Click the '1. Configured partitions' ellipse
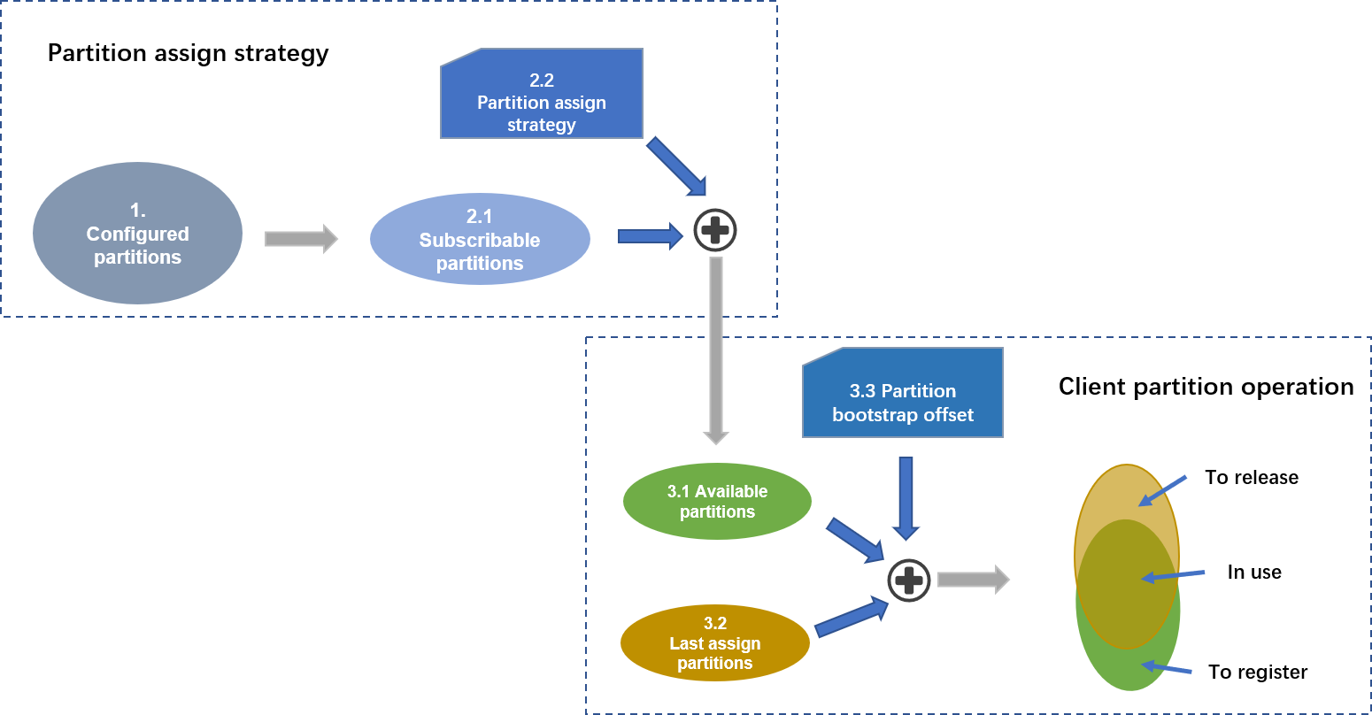pyautogui.click(x=137, y=234)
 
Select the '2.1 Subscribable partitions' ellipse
pyautogui.click(x=480, y=239)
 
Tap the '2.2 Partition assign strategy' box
pyautogui.click(x=542, y=96)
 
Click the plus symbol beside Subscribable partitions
pyautogui.click(x=714, y=232)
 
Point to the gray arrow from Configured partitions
pyautogui.click(x=301, y=239)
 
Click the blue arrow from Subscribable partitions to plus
pyautogui.click(x=650, y=235)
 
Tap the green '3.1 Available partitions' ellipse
pyautogui.click(x=717, y=501)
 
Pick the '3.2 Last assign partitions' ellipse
pyautogui.click(x=715, y=643)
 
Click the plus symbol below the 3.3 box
pyautogui.click(x=909, y=580)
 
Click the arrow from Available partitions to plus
pyautogui.click(x=855, y=540)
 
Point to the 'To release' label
pyautogui.click(x=1252, y=478)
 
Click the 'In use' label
pyautogui.click(x=1254, y=573)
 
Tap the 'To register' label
pyautogui.click(x=1258, y=673)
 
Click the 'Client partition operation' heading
pyautogui.click(x=1206, y=387)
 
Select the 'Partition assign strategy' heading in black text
pyautogui.click(x=188, y=53)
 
